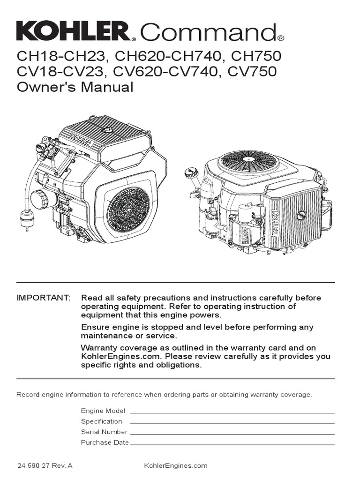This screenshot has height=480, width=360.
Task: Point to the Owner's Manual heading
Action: click(75, 87)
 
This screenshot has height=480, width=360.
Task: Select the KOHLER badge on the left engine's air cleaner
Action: click(82, 139)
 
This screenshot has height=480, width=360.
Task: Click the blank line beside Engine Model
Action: click(232, 411)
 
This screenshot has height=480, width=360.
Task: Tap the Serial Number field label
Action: click(104, 432)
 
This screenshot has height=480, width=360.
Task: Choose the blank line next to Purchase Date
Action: click(232, 442)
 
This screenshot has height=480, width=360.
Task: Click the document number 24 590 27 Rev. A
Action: click(45, 465)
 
